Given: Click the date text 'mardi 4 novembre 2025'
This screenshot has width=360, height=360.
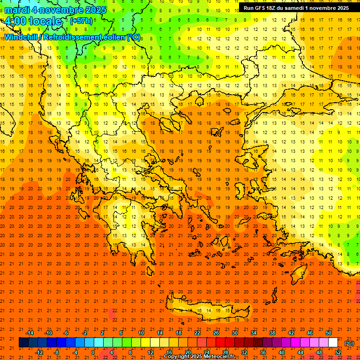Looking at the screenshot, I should tap(55, 10).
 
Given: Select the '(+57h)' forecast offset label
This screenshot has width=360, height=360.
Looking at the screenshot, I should tap(81, 21).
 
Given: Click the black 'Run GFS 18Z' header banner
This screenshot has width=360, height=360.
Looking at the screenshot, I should tap(296, 8).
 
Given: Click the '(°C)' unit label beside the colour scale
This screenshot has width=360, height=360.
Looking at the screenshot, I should tap(349, 343).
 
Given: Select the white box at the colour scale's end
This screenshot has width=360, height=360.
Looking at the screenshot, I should tap(333, 343).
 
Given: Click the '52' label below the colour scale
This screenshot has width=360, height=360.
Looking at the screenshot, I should tap(338, 352).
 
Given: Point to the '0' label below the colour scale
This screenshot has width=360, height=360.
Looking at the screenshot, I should tap(93, 352).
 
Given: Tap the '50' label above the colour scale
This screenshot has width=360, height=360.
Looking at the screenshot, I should tap(329, 333).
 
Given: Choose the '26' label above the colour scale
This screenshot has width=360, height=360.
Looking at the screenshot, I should tap(216, 333).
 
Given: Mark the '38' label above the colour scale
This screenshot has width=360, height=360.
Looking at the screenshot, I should tap(272, 333).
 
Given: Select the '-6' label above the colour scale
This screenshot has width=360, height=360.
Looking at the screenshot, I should tap(66, 333).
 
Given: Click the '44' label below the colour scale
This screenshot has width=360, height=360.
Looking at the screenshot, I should tap(300, 352).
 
